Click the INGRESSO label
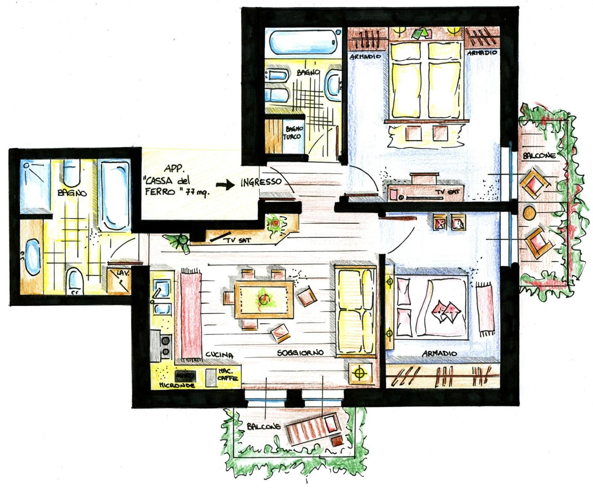coord(261,182)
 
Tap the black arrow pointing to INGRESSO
coord(225,185)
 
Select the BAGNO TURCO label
coord(294,133)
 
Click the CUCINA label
coord(219,355)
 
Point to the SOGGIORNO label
coord(300,353)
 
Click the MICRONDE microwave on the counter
coord(185,376)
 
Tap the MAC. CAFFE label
coord(228,375)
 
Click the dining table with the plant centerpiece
coord(264,299)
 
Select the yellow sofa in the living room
coord(355,312)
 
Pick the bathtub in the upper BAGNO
coord(304,42)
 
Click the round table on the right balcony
coord(529,213)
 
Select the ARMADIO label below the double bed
coord(439,353)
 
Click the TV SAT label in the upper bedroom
coord(447,192)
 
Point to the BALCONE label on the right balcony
coord(539,156)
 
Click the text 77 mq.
coord(197,193)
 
